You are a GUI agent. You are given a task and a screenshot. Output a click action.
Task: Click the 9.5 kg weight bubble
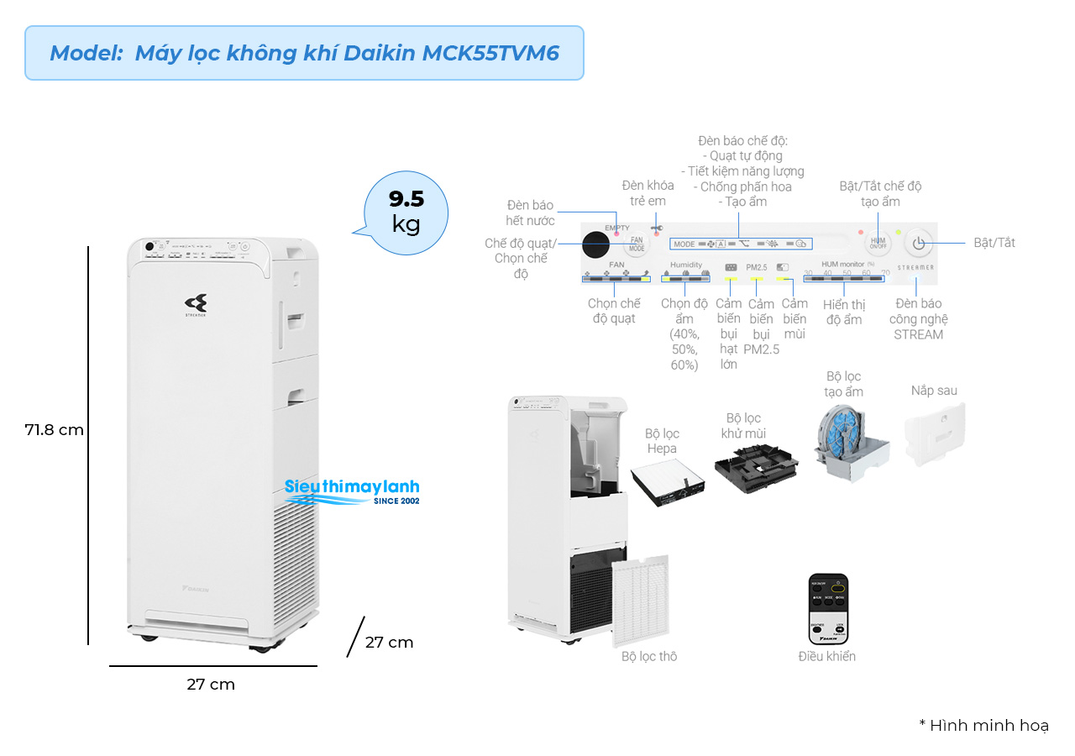(406, 212)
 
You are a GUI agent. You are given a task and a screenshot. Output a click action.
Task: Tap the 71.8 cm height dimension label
(55, 429)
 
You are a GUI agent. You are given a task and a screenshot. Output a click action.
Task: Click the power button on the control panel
(919, 243)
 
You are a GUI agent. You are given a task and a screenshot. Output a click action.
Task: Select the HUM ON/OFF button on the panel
(878, 243)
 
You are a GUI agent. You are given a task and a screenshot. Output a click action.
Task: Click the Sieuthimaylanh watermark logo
(352, 491)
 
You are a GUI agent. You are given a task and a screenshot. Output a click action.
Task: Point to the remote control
(828, 609)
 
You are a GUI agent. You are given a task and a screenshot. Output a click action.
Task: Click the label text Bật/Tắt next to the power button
(994, 243)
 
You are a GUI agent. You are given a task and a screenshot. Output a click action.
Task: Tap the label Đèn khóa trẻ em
(648, 193)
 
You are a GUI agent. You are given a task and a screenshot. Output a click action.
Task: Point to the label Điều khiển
(827, 656)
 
